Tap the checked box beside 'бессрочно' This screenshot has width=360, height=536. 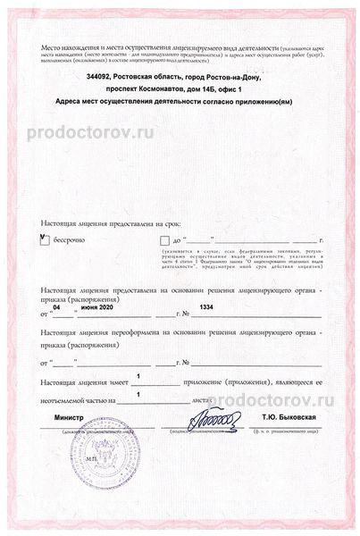click(x=45, y=239)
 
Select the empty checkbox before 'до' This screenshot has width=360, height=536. click(x=163, y=240)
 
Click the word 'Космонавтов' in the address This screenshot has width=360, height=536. click(x=168, y=90)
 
